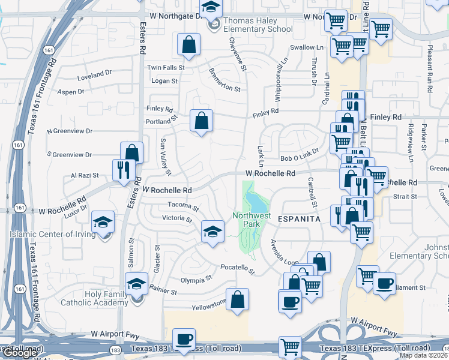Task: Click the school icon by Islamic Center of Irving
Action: pyautogui.click(x=103, y=223)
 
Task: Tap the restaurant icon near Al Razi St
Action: pyautogui.click(x=121, y=169)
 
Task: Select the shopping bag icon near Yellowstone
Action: pyautogui.click(x=238, y=301)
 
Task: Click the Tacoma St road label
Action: pyautogui.click(x=182, y=206)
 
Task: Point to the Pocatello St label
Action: pyautogui.click(x=238, y=267)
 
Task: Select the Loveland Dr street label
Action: pyautogui.click(x=95, y=74)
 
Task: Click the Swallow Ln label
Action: pyautogui.click(x=306, y=47)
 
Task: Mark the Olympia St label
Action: pyautogui.click(x=197, y=280)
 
